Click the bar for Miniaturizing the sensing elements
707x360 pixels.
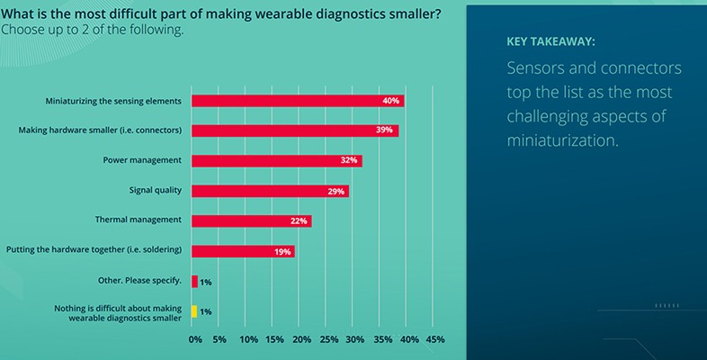point(297,101)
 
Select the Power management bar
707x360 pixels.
point(276,160)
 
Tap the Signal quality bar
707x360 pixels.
point(269,191)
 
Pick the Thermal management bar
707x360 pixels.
point(251,220)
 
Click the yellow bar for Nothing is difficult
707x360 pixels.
point(194,311)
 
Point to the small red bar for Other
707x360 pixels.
point(194,282)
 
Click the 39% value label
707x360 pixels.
point(385,130)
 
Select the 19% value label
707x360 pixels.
point(282,251)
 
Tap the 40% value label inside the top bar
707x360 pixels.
point(390,101)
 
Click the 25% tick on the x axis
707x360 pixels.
point(328,339)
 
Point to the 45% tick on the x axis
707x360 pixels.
point(434,339)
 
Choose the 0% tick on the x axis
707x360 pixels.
point(195,339)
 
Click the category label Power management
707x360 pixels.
point(143,160)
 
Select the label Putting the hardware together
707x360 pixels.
point(94,249)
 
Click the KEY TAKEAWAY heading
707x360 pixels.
point(550,41)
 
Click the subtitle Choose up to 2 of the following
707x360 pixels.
point(92,30)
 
